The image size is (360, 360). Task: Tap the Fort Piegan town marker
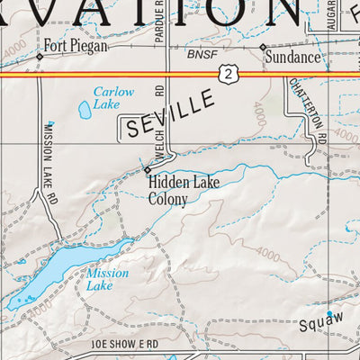click(40, 56)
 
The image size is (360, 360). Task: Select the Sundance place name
click(292, 58)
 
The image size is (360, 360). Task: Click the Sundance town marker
click(263, 47)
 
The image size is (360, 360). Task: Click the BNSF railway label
click(202, 55)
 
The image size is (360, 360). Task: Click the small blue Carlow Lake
click(85, 111)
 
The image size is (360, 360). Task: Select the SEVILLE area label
click(171, 114)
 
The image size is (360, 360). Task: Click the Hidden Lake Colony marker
click(148, 169)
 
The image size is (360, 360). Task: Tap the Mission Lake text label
click(108, 279)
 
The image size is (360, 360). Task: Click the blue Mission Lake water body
click(49, 275)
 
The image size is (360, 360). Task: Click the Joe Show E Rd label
click(124, 345)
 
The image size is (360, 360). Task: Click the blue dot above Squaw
click(329, 313)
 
